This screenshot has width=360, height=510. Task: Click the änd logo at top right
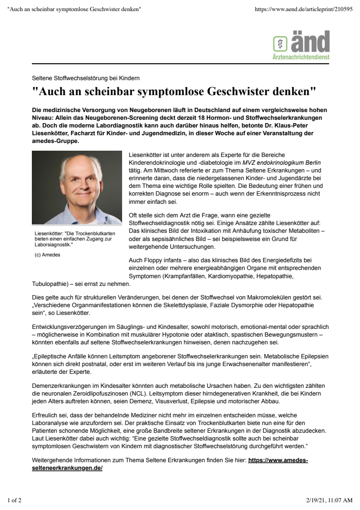pos(301,42)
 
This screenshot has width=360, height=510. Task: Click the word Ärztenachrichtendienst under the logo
pos(301,57)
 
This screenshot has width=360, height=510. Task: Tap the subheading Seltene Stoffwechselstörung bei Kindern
pos(86,78)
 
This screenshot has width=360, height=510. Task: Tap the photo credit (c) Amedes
pos(48,255)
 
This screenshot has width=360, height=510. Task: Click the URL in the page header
pos(304,10)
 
